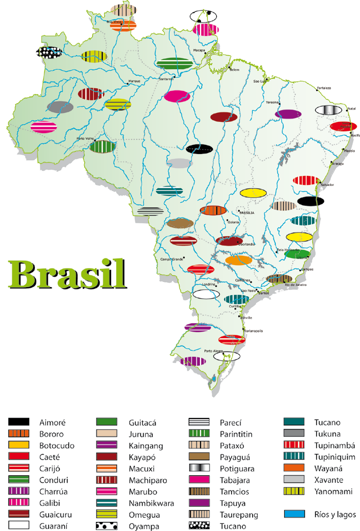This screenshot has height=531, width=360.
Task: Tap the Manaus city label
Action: (x=134, y=81)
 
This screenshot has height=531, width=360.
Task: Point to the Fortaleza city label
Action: (x=323, y=88)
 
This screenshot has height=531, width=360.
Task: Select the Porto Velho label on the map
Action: (x=85, y=138)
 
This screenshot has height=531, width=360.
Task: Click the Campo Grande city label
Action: (x=172, y=259)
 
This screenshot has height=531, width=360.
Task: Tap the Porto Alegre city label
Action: (x=214, y=351)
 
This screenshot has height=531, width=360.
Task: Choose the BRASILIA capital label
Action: (x=247, y=213)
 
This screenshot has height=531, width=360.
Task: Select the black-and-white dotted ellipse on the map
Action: (x=49, y=52)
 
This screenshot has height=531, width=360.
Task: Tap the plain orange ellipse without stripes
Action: (x=239, y=260)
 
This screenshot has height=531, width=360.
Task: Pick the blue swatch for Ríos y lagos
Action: (x=294, y=514)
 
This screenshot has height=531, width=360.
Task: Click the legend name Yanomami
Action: (x=334, y=492)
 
